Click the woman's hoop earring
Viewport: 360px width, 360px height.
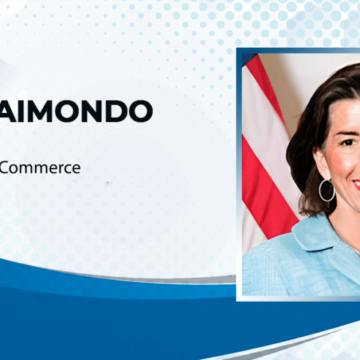pyautogui.click(x=326, y=190)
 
